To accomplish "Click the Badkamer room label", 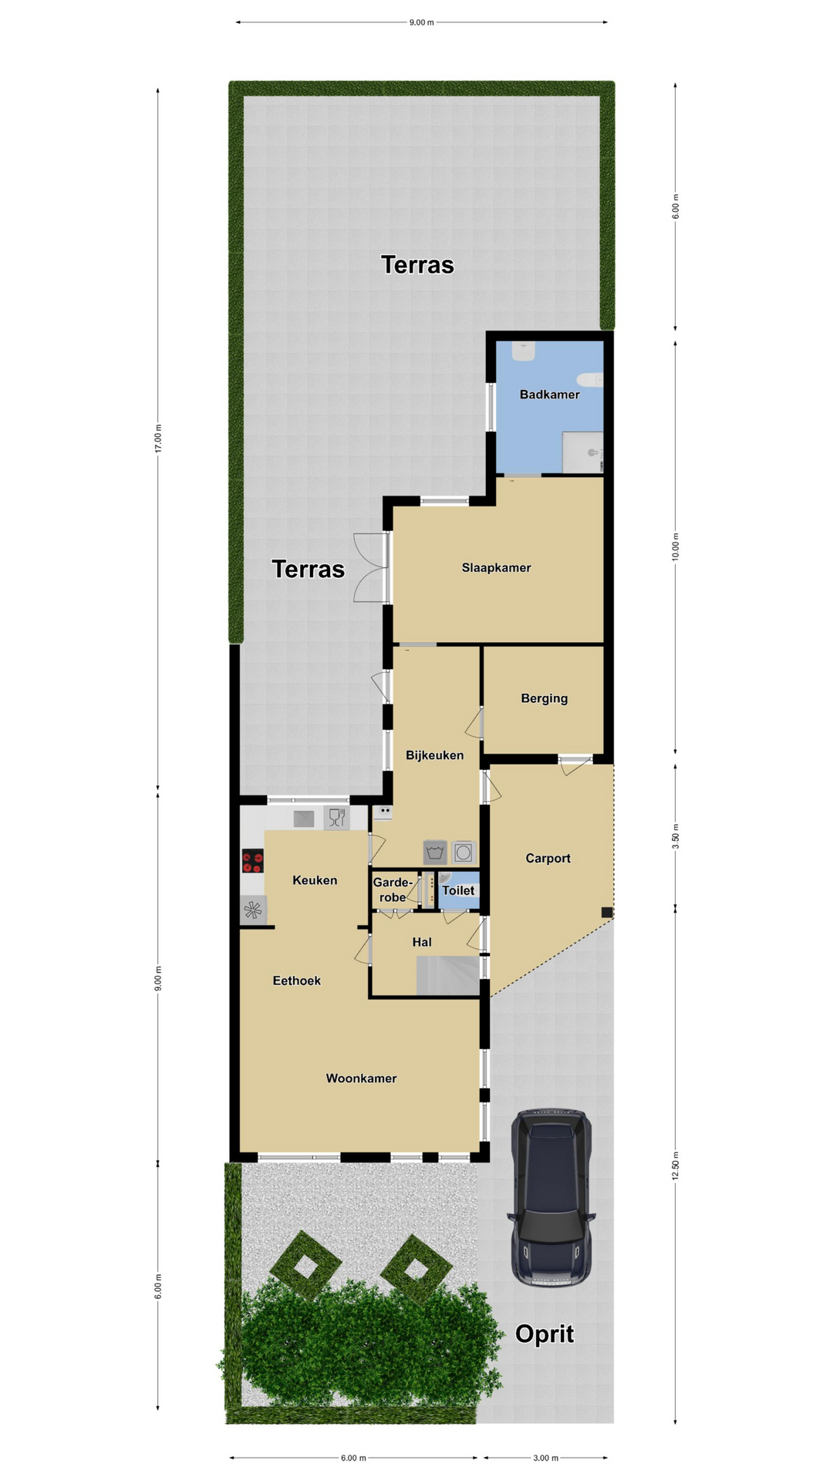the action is tap(549, 395).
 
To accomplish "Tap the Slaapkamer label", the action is tap(496, 568).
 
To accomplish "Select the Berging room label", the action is tap(544, 698).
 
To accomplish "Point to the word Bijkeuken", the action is tap(434, 755).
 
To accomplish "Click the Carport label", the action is tap(548, 859).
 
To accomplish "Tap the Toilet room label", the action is tap(458, 890).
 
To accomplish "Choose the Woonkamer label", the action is tap(361, 1078).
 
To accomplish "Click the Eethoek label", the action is tap(297, 980).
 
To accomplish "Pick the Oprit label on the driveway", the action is tap(545, 1334).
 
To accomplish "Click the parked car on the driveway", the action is tap(551, 1198).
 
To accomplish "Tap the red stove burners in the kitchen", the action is tap(253, 860).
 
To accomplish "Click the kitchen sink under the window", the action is tap(304, 818).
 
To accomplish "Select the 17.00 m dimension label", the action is tap(158, 439).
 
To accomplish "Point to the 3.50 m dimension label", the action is tap(676, 837).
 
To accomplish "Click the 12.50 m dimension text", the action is tap(676, 1165).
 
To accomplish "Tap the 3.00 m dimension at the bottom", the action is tap(545, 1458).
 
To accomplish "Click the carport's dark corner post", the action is tap(607, 913).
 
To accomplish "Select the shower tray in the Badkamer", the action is tap(582, 452).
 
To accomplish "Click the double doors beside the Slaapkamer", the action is tap(371, 567).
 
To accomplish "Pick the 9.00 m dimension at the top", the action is tap(422, 22).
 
